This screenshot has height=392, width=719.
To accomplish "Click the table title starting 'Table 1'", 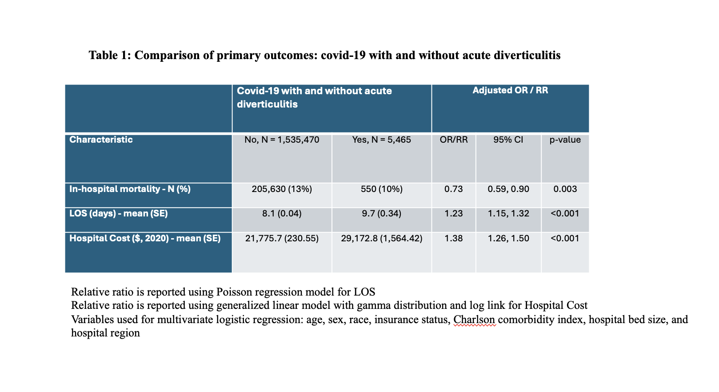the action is [x=324, y=55].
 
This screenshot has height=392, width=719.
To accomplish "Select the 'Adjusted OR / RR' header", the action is [x=510, y=90].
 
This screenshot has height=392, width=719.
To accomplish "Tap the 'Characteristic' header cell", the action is [x=101, y=140].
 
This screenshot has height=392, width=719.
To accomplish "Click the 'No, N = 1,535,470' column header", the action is [x=282, y=140].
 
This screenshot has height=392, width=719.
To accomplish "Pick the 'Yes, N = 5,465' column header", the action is [x=381, y=140].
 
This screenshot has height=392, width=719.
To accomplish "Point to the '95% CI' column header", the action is [x=508, y=140].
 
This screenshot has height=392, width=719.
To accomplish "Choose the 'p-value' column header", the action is [x=565, y=140].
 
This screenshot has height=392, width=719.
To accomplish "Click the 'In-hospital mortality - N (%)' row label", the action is [x=130, y=189].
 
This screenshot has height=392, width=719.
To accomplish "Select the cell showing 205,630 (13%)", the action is [x=282, y=189].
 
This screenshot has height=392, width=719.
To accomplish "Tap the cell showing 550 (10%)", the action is [x=381, y=189].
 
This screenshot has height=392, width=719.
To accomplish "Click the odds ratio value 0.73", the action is [x=454, y=189].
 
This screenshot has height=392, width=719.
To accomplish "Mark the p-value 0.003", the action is [x=565, y=189].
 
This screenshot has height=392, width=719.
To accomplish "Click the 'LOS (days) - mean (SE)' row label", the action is [x=119, y=213].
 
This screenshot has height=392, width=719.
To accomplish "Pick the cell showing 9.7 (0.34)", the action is [x=381, y=214].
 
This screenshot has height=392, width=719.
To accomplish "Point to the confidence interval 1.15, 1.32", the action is [x=508, y=213].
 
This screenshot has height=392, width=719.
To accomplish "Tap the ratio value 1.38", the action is [x=454, y=238].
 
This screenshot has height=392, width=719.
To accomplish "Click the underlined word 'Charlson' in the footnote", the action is [x=474, y=320].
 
